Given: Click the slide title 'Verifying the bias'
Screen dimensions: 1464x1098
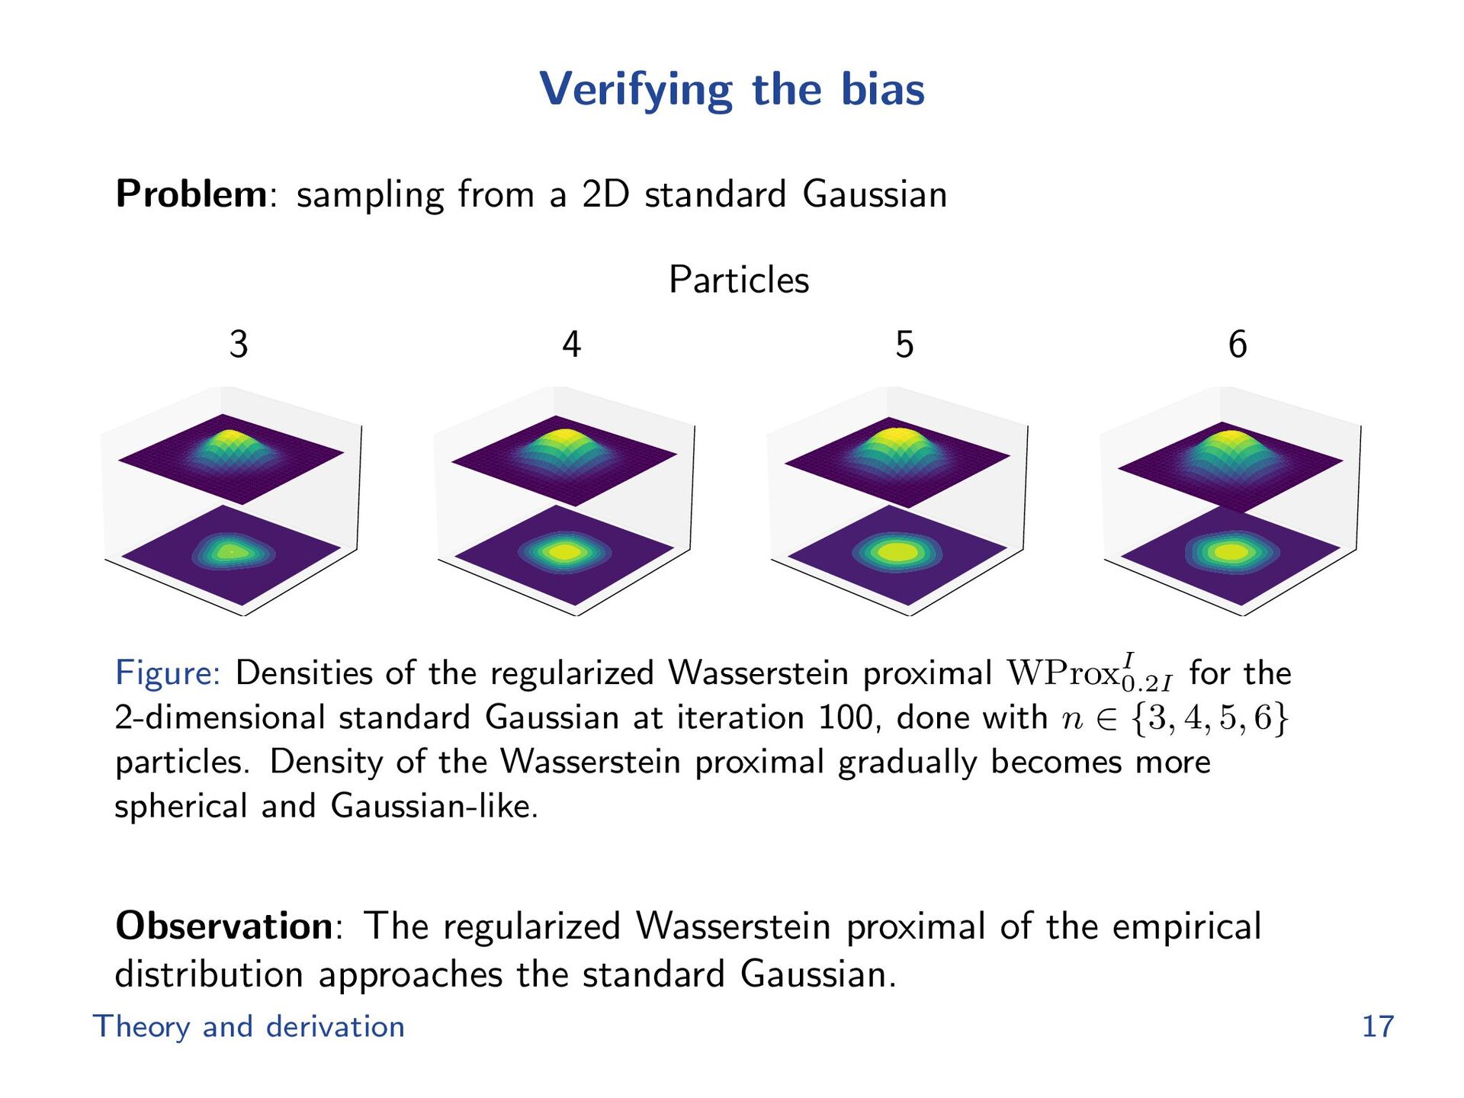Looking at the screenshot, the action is coord(732,89).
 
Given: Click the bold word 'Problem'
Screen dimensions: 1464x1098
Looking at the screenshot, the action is coord(191,194).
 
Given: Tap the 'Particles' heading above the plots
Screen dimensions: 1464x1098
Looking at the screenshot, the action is coord(738,280).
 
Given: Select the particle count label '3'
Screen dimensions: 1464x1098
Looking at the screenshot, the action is coord(239,345).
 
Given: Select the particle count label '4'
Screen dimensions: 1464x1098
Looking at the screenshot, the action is coord(571,345).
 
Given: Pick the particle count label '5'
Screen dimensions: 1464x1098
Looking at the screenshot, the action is coord(904,345).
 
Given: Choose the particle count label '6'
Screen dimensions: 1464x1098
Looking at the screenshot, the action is coord(1238,345).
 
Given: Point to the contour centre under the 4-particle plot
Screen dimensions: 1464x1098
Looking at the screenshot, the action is coord(565,551).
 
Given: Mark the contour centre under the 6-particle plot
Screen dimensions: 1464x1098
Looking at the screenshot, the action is coord(1230,551).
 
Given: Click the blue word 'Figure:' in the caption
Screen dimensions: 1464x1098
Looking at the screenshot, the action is coord(168,673).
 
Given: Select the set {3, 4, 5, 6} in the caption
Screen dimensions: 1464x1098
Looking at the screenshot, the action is coord(1210,718).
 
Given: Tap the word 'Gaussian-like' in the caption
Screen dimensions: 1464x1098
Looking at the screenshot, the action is coord(434,806).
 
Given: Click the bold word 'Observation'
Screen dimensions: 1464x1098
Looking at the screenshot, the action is coord(224,926).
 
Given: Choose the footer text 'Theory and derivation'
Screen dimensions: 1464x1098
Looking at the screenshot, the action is coord(249,1026).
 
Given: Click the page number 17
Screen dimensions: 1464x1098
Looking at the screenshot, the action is coord(1377,1026).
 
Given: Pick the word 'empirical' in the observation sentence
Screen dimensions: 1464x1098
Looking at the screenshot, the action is coord(1186,926).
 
